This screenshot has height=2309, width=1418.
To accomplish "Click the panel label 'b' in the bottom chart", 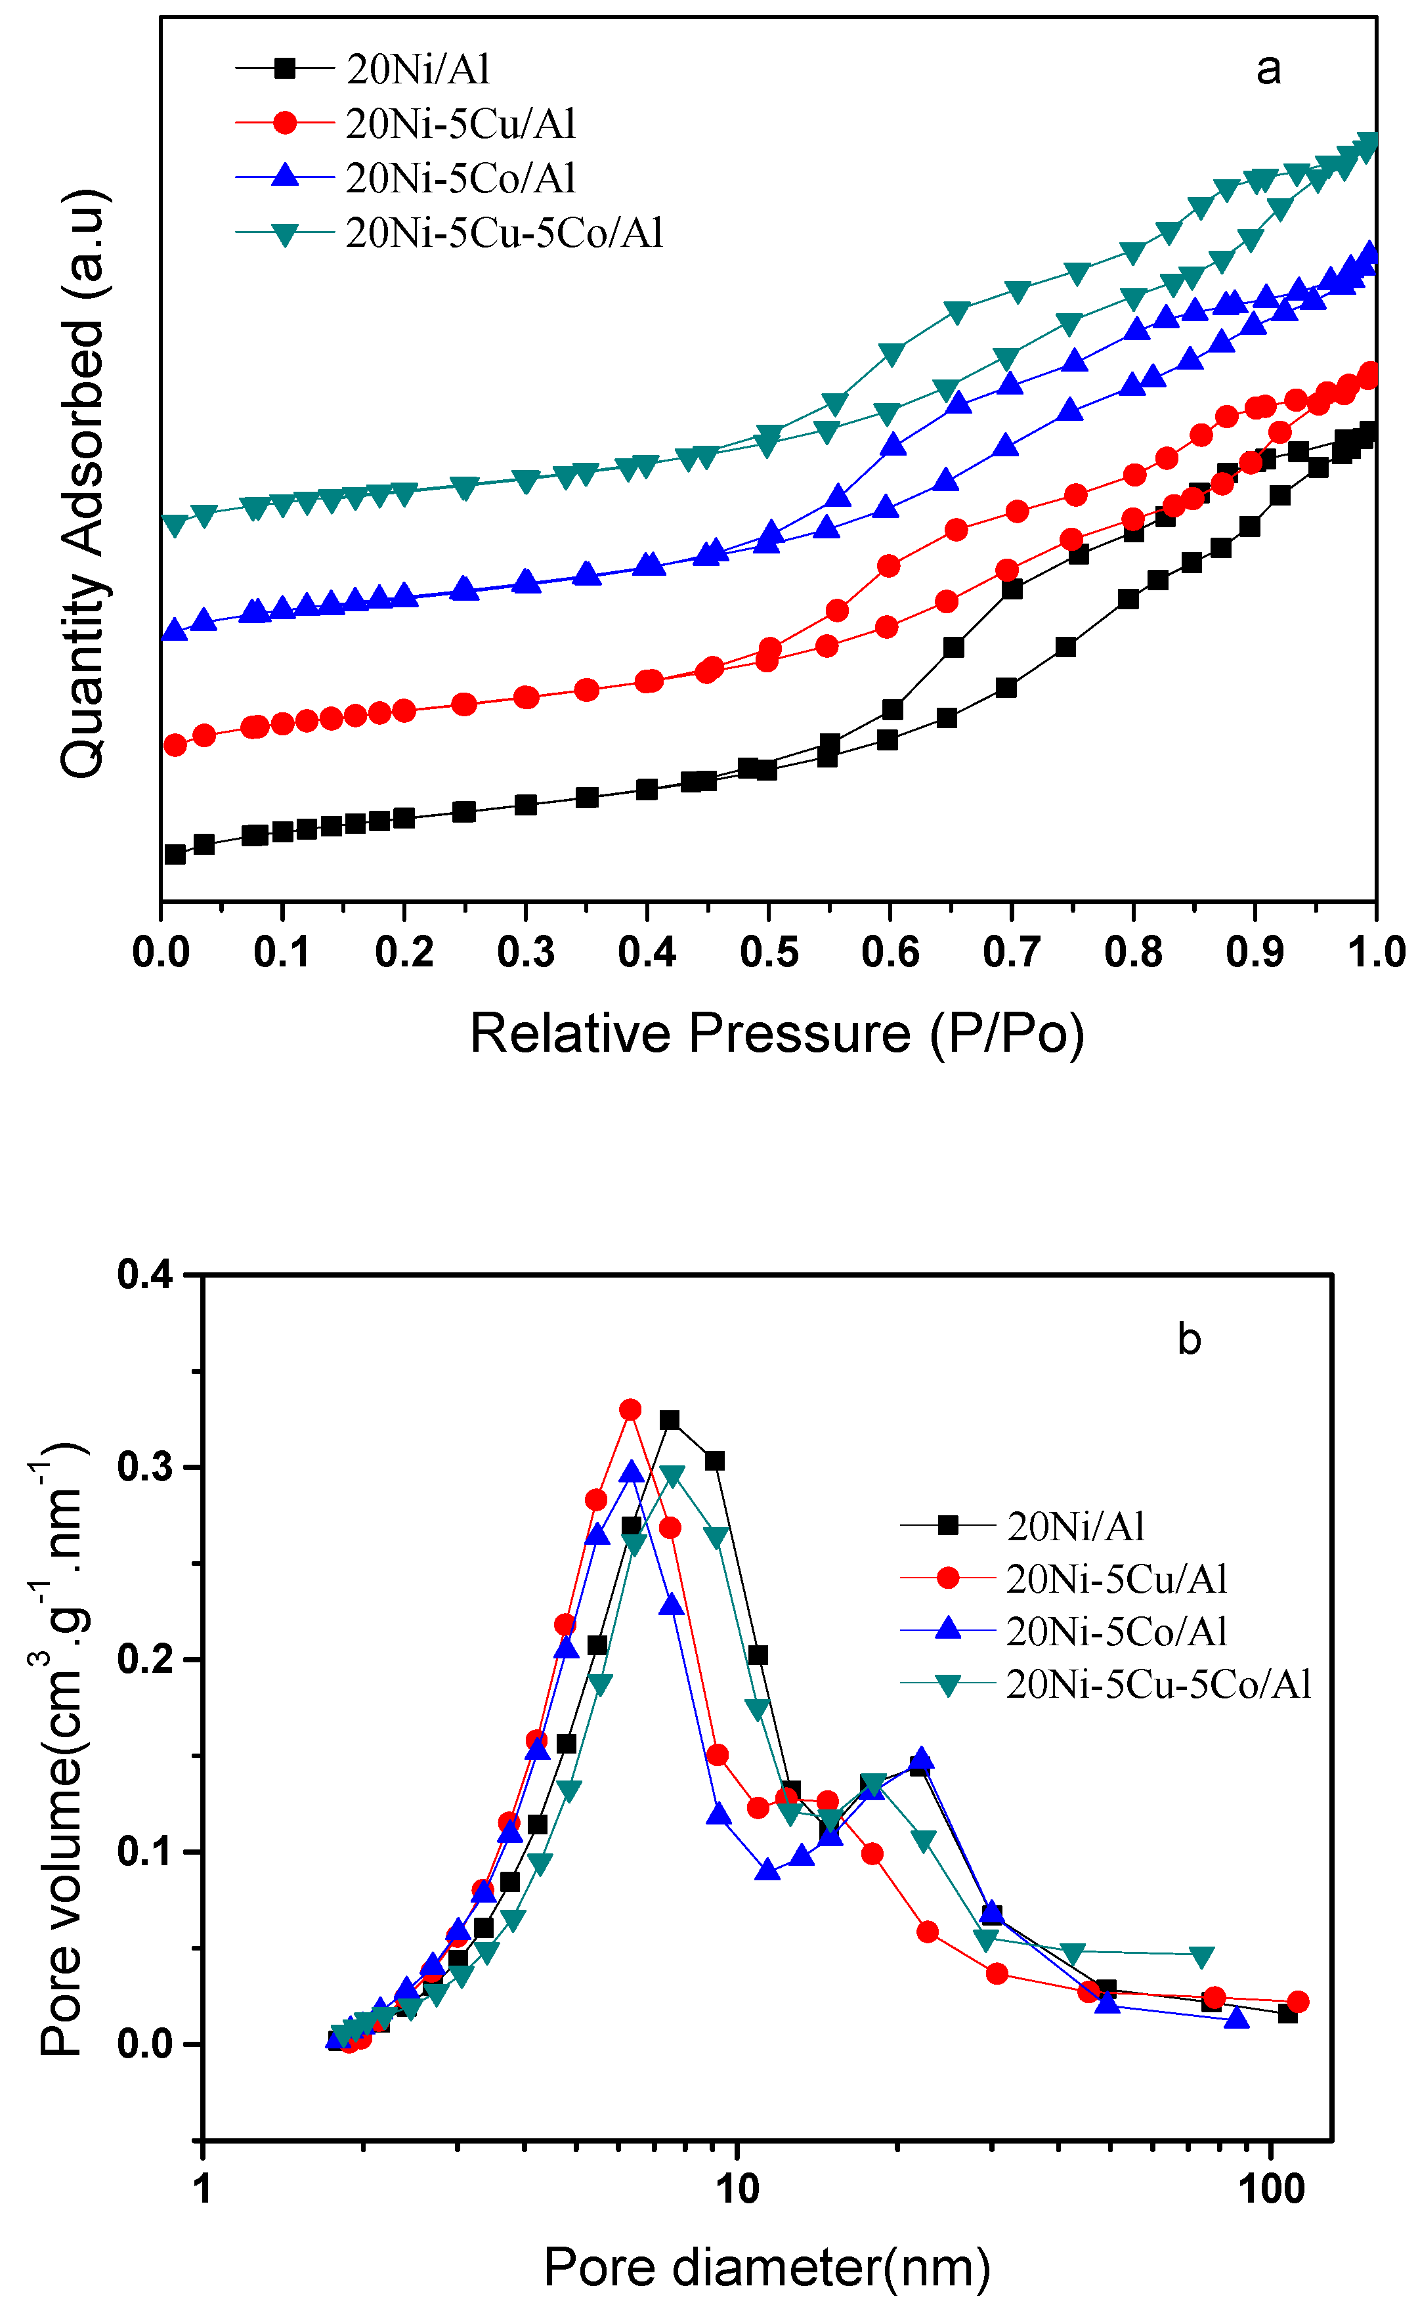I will point(1188,1339).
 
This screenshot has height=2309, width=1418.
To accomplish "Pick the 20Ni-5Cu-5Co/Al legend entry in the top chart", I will point(504,232).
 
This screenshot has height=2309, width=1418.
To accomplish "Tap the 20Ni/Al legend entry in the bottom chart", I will point(1076,1527).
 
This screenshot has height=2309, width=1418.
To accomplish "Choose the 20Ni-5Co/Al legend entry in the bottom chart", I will point(1116,1632).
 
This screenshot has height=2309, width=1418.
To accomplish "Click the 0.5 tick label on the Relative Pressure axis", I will point(768,953).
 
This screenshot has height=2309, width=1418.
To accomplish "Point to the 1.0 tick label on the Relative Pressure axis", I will point(1376,953).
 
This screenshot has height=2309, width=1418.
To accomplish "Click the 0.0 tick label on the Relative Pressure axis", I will point(161,953).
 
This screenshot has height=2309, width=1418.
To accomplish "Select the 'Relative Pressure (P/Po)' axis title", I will point(777,1033).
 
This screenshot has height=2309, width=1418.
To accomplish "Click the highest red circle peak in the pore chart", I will point(630,1410).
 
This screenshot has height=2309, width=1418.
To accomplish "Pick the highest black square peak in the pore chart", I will point(669,1420).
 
